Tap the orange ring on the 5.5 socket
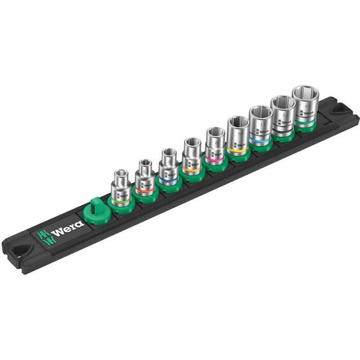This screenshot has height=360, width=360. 144,191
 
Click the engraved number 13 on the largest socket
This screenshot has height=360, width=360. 308,107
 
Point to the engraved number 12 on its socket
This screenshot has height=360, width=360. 284,116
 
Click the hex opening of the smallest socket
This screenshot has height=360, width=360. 121,173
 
